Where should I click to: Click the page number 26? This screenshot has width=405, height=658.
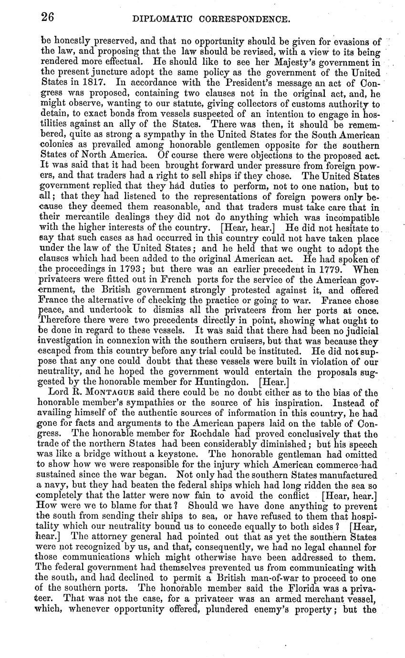click(47, 18)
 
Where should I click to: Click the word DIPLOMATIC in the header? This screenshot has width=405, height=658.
click(162, 19)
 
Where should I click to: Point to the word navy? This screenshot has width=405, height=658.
click(56, 484)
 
